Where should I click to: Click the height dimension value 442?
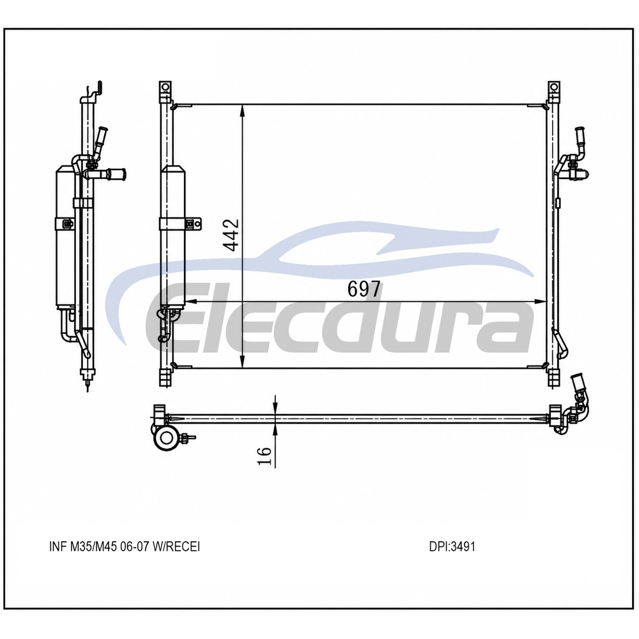tap(231, 235)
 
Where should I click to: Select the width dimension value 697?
tap(364, 289)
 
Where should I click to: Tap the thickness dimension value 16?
tap(264, 456)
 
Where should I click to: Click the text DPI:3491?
tap(452, 546)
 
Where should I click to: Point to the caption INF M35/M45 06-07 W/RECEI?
tap(125, 546)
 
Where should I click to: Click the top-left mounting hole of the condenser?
tap(165, 87)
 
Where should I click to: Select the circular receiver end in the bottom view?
tap(166, 438)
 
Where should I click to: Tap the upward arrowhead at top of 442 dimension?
tap(242, 111)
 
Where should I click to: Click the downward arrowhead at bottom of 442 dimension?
tap(242, 362)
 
